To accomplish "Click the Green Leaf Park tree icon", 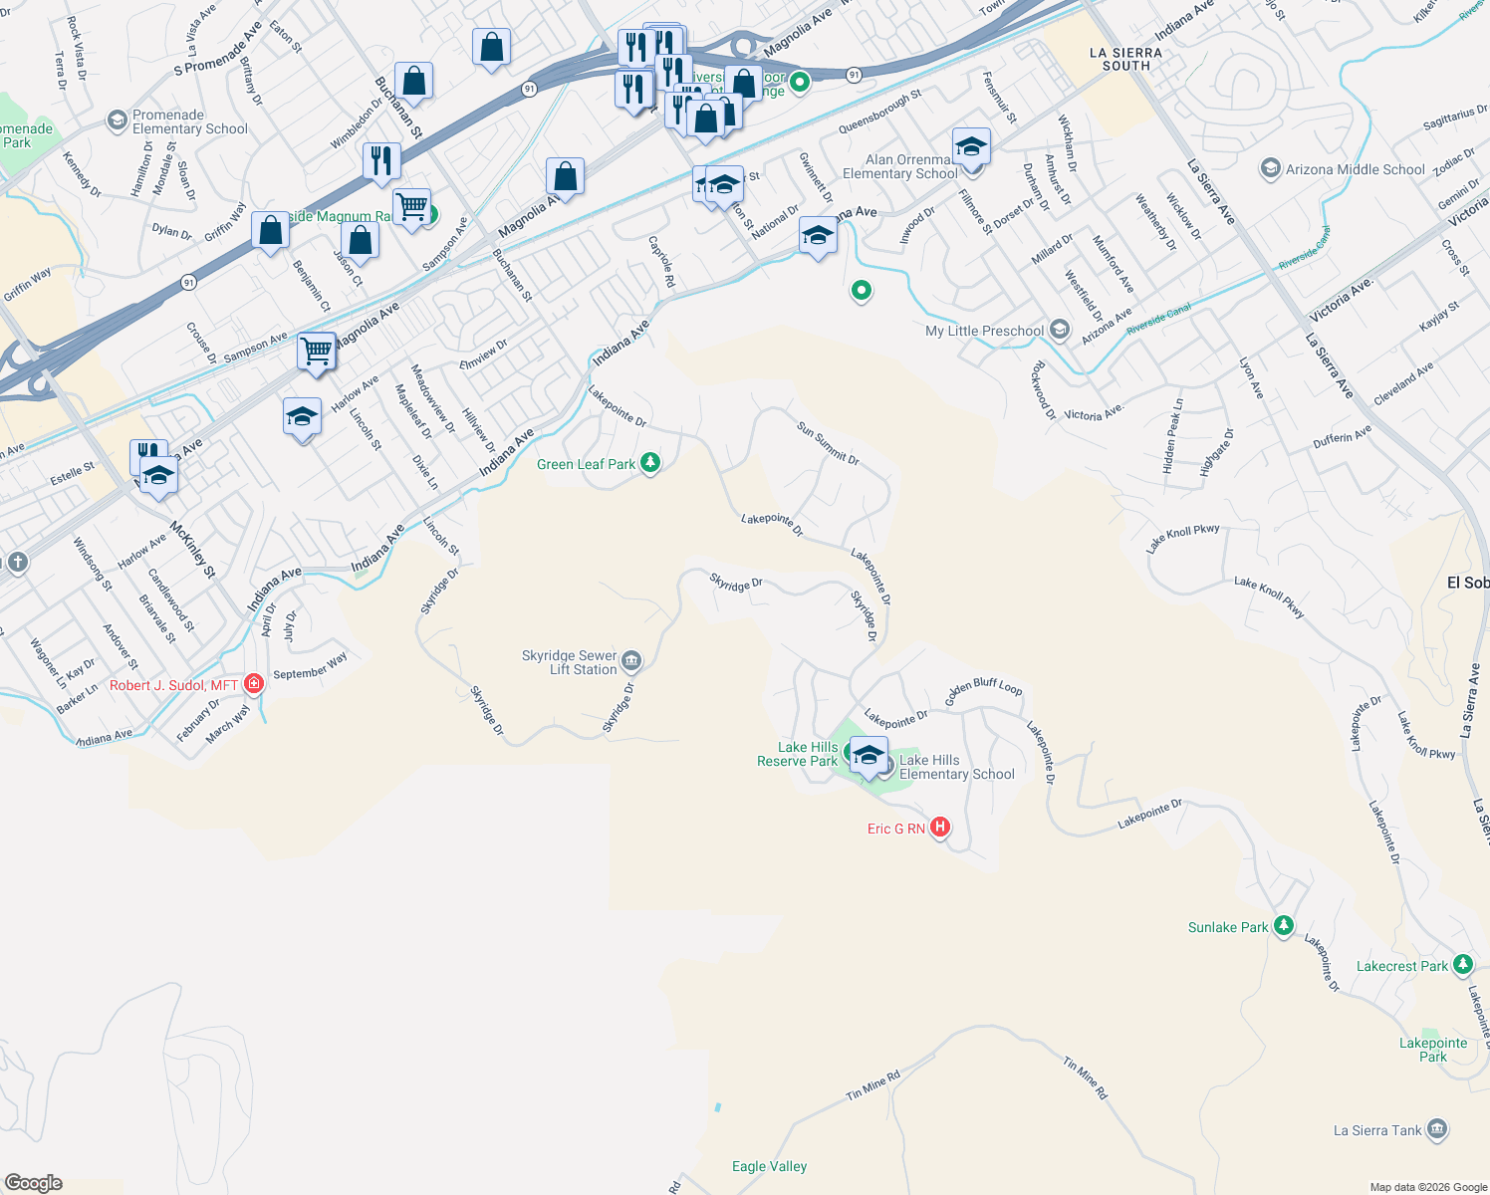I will (x=650, y=463).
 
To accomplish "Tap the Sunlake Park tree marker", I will (x=1284, y=926).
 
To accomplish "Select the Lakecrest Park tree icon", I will (x=1462, y=965).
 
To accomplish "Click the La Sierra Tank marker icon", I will (x=1436, y=1129).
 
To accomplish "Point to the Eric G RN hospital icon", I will (x=939, y=828).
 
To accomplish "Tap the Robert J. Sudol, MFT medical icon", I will (x=254, y=684).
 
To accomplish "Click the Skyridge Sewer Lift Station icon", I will (x=631, y=660).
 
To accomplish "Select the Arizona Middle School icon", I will (x=1270, y=168).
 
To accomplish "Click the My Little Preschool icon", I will (x=1059, y=330).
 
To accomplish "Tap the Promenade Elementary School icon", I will (x=118, y=120).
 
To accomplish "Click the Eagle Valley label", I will (x=769, y=1166).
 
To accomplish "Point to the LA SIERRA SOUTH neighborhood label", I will (x=1125, y=59).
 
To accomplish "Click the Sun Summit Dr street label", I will (x=828, y=443).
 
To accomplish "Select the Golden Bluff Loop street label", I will (x=983, y=688).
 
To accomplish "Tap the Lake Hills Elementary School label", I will (x=956, y=767).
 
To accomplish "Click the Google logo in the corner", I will (x=34, y=1182).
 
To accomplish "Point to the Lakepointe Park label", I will (x=1433, y=1050).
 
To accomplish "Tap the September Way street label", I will (x=310, y=666).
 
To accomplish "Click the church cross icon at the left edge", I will (x=17, y=563).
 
